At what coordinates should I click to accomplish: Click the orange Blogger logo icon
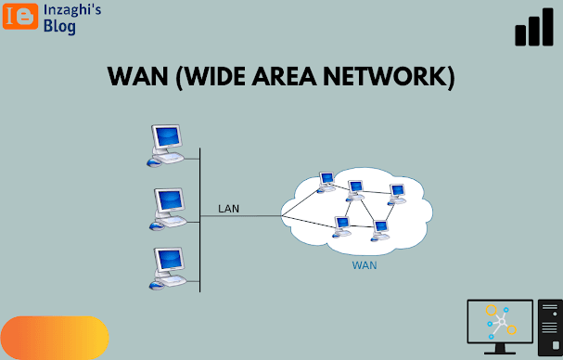coord(20,16)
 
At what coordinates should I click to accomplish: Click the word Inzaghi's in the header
coord(72,10)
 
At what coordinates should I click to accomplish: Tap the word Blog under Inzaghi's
coord(59,27)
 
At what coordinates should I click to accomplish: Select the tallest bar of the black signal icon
coord(548,27)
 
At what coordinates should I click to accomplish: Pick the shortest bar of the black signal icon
coord(520,35)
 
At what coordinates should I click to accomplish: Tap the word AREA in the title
coord(285,76)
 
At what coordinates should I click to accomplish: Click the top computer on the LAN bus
coord(165,146)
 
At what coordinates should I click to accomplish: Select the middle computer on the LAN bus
coord(168,209)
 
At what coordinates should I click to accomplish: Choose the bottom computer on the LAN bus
coord(168,268)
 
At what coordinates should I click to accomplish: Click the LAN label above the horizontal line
coord(229,209)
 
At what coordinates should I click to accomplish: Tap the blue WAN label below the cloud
coord(365,265)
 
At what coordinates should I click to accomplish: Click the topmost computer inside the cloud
coord(326,182)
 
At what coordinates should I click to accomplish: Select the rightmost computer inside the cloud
coord(397,194)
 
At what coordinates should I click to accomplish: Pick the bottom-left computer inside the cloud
coord(341,227)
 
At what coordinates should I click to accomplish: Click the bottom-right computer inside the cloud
coord(380,231)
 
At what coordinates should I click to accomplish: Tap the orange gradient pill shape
coord(55,338)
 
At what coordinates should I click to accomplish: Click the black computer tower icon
coord(550,328)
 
